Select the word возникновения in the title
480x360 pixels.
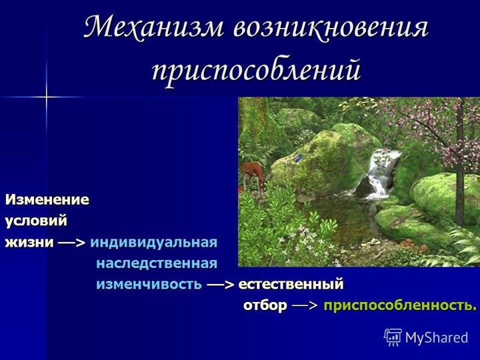tap(331, 28)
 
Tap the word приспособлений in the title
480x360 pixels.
tap(256, 69)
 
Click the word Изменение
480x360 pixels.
tap(47, 199)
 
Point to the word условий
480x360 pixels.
tap(37, 220)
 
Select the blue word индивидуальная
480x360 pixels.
tap(154, 241)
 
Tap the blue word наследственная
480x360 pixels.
tap(157, 263)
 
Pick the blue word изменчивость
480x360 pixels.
tap(149, 284)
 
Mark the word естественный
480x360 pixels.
tap(291, 284)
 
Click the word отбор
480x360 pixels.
tap(265, 305)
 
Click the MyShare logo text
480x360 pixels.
tap(437, 338)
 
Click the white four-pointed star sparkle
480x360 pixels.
tap(46, 97)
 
